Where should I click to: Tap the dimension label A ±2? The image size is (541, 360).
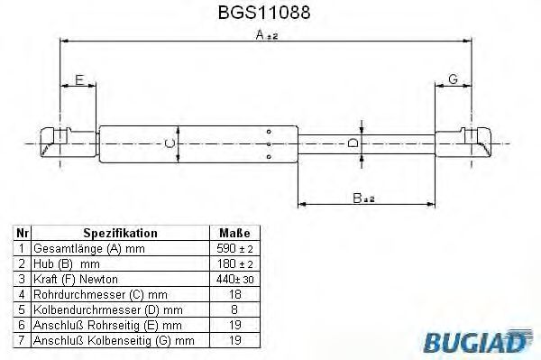[x=268, y=35]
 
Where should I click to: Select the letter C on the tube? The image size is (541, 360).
[x=167, y=143]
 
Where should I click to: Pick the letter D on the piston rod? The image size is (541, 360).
[x=353, y=143]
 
